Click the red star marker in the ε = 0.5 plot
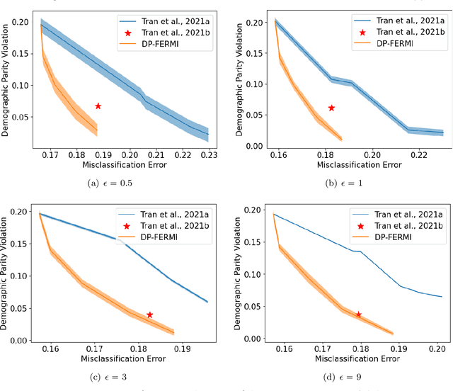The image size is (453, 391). coord(98,106)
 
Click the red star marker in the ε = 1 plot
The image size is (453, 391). coord(331,108)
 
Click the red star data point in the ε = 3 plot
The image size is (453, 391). coord(149,314)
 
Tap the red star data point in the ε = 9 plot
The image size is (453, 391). coord(358,314)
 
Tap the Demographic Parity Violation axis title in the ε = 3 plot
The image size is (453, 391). coord(6,275)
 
